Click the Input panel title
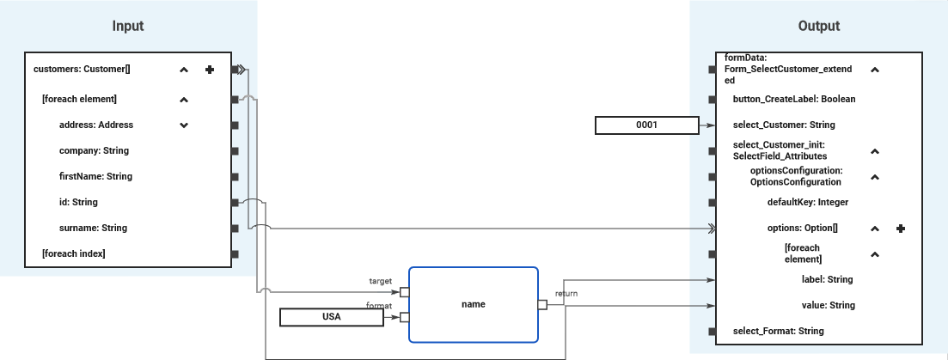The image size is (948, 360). coord(128,26)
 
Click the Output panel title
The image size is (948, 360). coord(818,26)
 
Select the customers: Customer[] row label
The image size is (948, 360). coord(82,70)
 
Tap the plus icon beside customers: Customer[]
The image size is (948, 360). coord(210,70)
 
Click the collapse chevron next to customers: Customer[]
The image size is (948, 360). coord(183,70)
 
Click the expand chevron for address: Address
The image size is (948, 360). coord(183,125)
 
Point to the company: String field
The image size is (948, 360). coord(94,150)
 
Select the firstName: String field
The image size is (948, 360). coord(95,176)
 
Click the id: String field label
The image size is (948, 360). coord(78,202)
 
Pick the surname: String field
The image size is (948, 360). coord(93,228)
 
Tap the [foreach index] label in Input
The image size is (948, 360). coord(73,253)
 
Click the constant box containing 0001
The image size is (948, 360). coord(646,125)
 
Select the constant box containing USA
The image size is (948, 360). coord(331,317)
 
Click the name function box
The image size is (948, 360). coord(473,303)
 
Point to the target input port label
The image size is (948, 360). coord(380,281)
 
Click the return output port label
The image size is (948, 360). coord(566,293)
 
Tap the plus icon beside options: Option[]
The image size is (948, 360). coord(901,229)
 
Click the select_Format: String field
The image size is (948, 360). coord(778,331)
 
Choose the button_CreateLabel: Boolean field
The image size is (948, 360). coord(793,99)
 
